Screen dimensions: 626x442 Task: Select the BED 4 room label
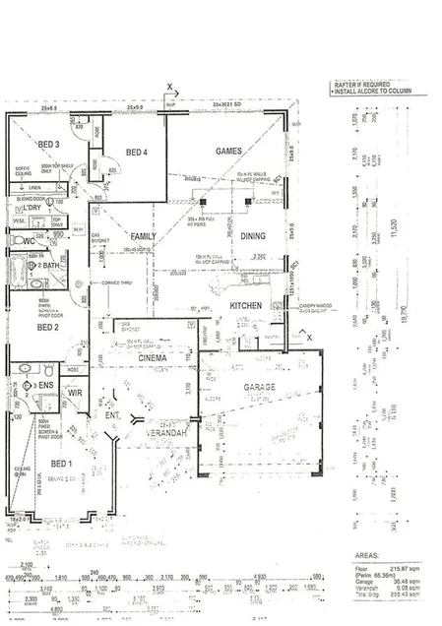point(137,152)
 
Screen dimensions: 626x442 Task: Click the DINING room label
point(254,236)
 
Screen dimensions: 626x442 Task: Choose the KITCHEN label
point(246,306)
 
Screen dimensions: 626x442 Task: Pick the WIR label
point(75,393)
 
